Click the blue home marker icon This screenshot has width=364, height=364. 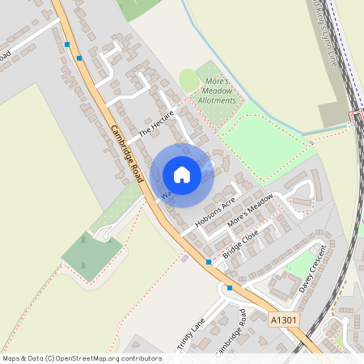pyautogui.click(x=182, y=175)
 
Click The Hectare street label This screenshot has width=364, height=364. pyautogui.click(x=156, y=122)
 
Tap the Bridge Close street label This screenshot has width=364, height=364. pyautogui.click(x=240, y=244)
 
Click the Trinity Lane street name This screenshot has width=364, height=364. pyautogui.click(x=192, y=336)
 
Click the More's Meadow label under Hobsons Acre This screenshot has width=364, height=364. pyautogui.click(x=250, y=214)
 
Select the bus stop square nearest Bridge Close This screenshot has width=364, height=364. pyautogui.click(x=209, y=262)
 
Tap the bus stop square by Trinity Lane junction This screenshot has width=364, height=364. pyautogui.click(x=230, y=288)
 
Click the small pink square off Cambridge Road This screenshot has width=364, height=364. pyautogui.click(x=185, y=259)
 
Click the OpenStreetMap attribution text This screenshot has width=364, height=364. pyautogui.click(x=82, y=358)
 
